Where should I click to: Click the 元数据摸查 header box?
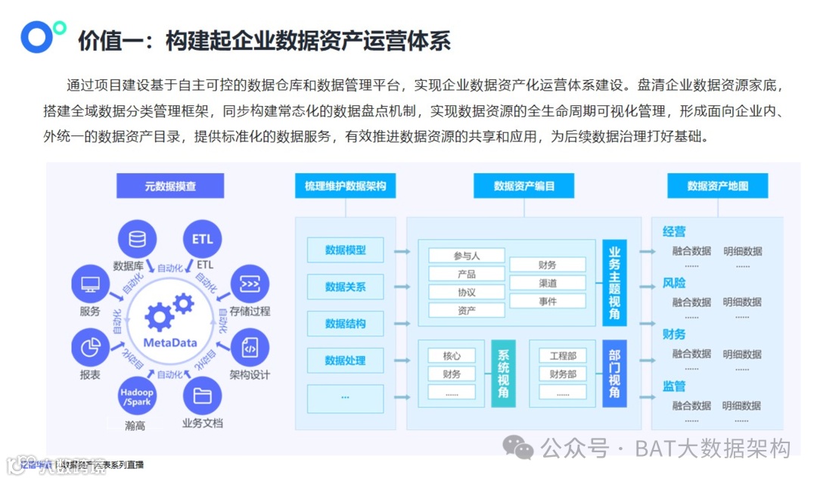tap(170, 186)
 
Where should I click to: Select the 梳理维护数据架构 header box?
tap(345, 186)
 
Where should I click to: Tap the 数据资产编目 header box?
tap(524, 186)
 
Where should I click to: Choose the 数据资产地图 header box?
tap(717, 186)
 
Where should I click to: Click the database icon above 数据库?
tap(137, 240)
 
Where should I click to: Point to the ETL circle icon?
tap(202, 240)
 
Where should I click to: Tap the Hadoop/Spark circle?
tap(137, 396)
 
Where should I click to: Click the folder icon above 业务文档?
tap(202, 396)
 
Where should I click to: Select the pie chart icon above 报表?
tap(91, 348)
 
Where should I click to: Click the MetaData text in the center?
tap(170, 342)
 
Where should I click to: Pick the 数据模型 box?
tap(345, 250)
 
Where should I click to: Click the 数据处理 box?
tap(345, 361)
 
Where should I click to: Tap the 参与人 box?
tap(467, 256)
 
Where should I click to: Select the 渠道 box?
tap(548, 283)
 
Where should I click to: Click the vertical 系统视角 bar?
tap(503, 374)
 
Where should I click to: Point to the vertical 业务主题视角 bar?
tap(614, 282)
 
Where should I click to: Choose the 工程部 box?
tap(563, 355)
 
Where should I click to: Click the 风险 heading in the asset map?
tap(674, 284)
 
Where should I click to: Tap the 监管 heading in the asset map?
tap(674, 386)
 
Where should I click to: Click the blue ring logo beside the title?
tap(37, 38)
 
